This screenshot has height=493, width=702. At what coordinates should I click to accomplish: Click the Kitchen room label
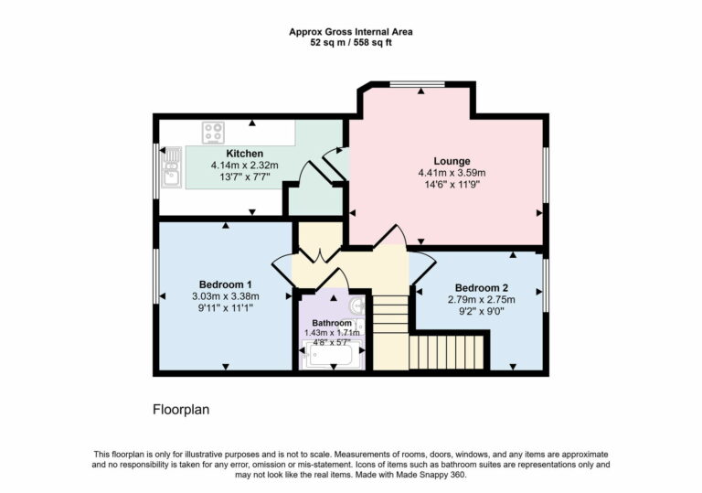(244, 153)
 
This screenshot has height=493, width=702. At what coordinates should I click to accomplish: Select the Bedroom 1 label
(225, 284)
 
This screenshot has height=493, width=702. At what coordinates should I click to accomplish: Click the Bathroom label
(331, 323)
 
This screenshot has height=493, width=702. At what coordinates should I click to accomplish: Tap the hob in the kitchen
(214, 132)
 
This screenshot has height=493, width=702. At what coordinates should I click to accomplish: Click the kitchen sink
(171, 166)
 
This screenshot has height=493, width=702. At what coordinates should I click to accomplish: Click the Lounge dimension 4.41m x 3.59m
(451, 172)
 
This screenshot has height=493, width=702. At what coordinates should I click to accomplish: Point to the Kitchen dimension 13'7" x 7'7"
(244, 177)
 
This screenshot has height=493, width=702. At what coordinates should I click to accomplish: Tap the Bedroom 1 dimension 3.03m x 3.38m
(225, 296)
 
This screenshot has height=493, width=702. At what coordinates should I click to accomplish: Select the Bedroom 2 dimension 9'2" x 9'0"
(480, 311)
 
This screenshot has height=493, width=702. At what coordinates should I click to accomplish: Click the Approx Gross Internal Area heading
(350, 31)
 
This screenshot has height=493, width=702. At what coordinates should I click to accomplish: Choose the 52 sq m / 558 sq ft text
(350, 43)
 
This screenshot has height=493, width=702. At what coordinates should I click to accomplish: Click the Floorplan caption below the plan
(180, 410)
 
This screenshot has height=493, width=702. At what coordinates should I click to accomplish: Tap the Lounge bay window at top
(418, 84)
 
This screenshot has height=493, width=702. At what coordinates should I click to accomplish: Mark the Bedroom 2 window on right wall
(546, 284)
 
